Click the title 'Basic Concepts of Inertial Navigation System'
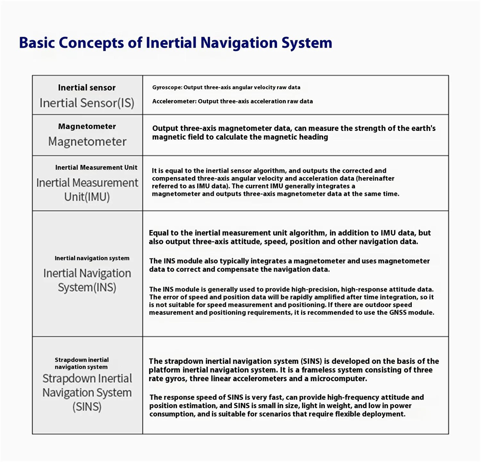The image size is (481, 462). point(176,43)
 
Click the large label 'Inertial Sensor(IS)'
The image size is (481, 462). point(87,103)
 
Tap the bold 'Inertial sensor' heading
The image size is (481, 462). point(87,88)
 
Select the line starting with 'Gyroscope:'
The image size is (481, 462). point(226,88)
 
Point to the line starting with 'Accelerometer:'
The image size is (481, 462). point(232,102)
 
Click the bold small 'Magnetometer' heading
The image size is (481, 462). point(87,127)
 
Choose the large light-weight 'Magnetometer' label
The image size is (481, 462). point(87,141)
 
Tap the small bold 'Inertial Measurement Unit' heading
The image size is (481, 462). point(96,167)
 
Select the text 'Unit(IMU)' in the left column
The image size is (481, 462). point(87,197)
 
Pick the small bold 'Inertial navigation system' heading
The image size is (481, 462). point(92,258)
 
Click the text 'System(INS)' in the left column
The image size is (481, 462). point(87,288)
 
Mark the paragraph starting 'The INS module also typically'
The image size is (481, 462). point(289,265)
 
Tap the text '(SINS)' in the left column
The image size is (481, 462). point(87,407)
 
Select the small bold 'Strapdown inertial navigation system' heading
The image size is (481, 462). point(82,363)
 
